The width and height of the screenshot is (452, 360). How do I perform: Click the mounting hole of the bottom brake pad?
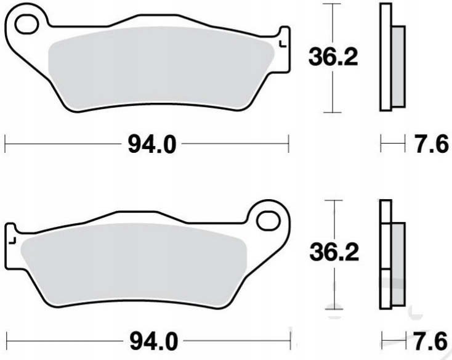pos(268,219)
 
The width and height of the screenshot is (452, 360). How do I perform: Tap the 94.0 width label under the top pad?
pos(151,145)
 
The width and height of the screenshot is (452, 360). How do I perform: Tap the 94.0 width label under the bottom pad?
pos(151,340)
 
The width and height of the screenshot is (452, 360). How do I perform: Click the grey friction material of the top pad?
pos(160,68)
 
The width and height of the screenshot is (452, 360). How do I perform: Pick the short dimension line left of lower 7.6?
pos(393,340)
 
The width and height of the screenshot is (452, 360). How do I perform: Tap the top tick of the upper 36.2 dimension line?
pos(333,4)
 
